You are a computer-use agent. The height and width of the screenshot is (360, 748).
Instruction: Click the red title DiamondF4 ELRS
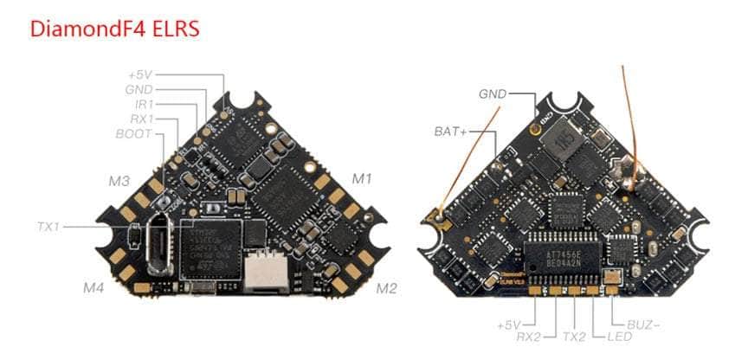coord(114,28)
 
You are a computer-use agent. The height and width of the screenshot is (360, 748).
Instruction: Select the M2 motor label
coord(387,288)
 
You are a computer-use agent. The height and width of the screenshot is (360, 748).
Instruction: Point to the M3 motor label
coord(119,181)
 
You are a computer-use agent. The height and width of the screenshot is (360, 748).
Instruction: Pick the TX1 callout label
coord(48,227)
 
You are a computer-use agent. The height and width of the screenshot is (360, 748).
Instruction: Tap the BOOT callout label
coord(133,134)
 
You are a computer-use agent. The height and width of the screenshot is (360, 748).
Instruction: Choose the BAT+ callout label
coord(450,132)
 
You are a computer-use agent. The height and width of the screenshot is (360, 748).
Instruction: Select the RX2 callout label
coord(528,335)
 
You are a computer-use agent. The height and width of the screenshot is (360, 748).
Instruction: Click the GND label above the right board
coord(493,93)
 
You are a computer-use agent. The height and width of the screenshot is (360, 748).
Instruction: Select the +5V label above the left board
coord(139,74)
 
